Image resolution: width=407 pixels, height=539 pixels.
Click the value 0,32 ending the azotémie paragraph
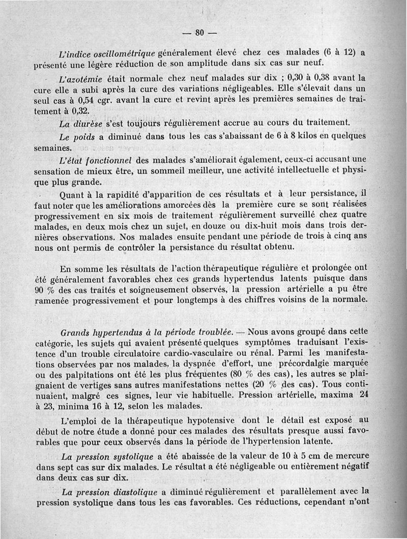click(80, 111)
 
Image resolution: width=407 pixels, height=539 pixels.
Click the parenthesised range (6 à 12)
click(332, 52)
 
